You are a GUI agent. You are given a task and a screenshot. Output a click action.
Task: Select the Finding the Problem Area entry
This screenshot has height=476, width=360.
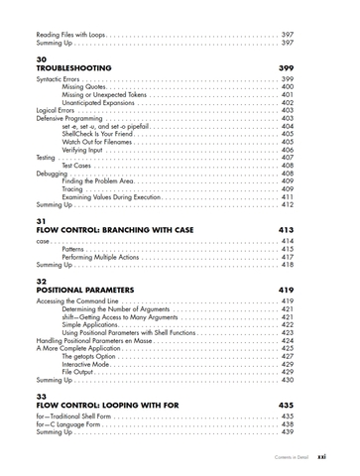point(104,181)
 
